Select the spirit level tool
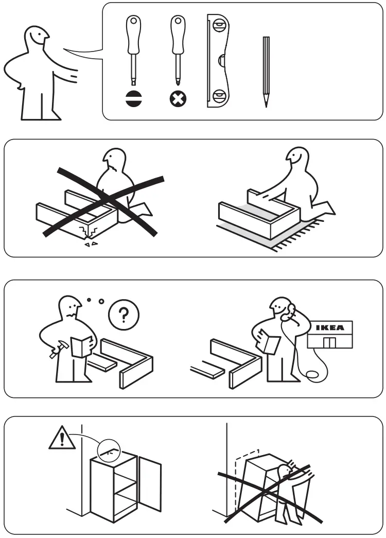tap(218, 61)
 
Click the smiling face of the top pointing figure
tap(38, 37)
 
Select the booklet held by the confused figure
tap(82, 345)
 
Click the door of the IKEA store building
tap(329, 342)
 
